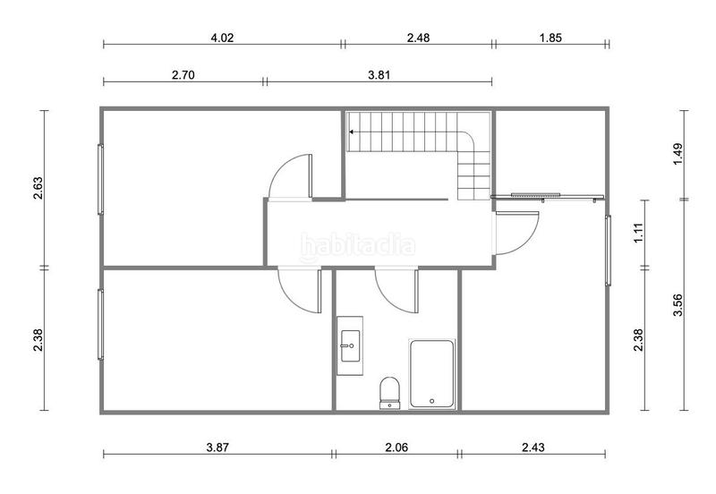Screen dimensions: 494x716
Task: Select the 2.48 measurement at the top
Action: pyautogui.click(x=418, y=38)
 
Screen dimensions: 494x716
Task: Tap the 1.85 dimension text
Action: pyautogui.click(x=550, y=38)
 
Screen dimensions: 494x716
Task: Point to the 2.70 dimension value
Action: pyautogui.click(x=183, y=75)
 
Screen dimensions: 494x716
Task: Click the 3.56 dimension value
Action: pyautogui.click(x=678, y=305)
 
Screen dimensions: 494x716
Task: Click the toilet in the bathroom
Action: pyautogui.click(x=389, y=391)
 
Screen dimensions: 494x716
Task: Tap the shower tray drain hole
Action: pyautogui.click(x=431, y=400)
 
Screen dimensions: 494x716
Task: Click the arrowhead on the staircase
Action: pyautogui.click(x=353, y=132)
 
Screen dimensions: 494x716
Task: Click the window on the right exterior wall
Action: pyautogui.click(x=608, y=251)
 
